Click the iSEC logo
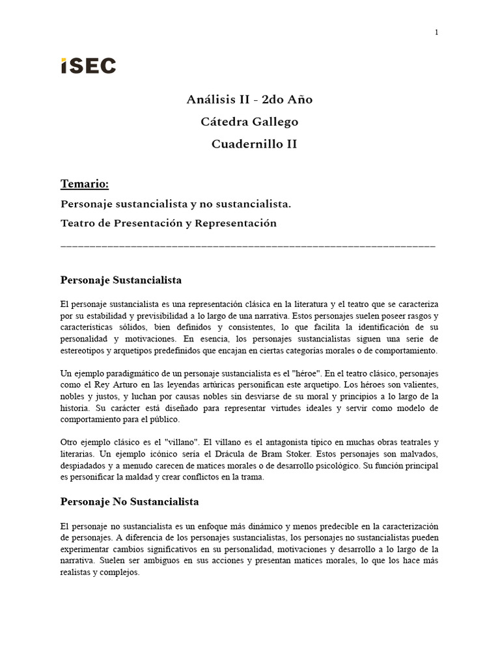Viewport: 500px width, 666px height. [89, 66]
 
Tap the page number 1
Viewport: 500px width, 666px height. [437, 33]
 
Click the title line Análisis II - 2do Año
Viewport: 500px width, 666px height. [249, 100]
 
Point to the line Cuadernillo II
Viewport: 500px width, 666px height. [254, 144]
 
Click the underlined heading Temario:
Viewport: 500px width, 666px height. [85, 184]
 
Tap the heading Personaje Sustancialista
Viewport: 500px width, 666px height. [121, 280]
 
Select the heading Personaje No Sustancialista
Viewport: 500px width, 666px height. [130, 502]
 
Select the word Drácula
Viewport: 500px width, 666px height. [240, 454]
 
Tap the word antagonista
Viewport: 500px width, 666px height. [270, 442]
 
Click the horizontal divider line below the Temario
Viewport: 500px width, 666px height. [247, 246]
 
